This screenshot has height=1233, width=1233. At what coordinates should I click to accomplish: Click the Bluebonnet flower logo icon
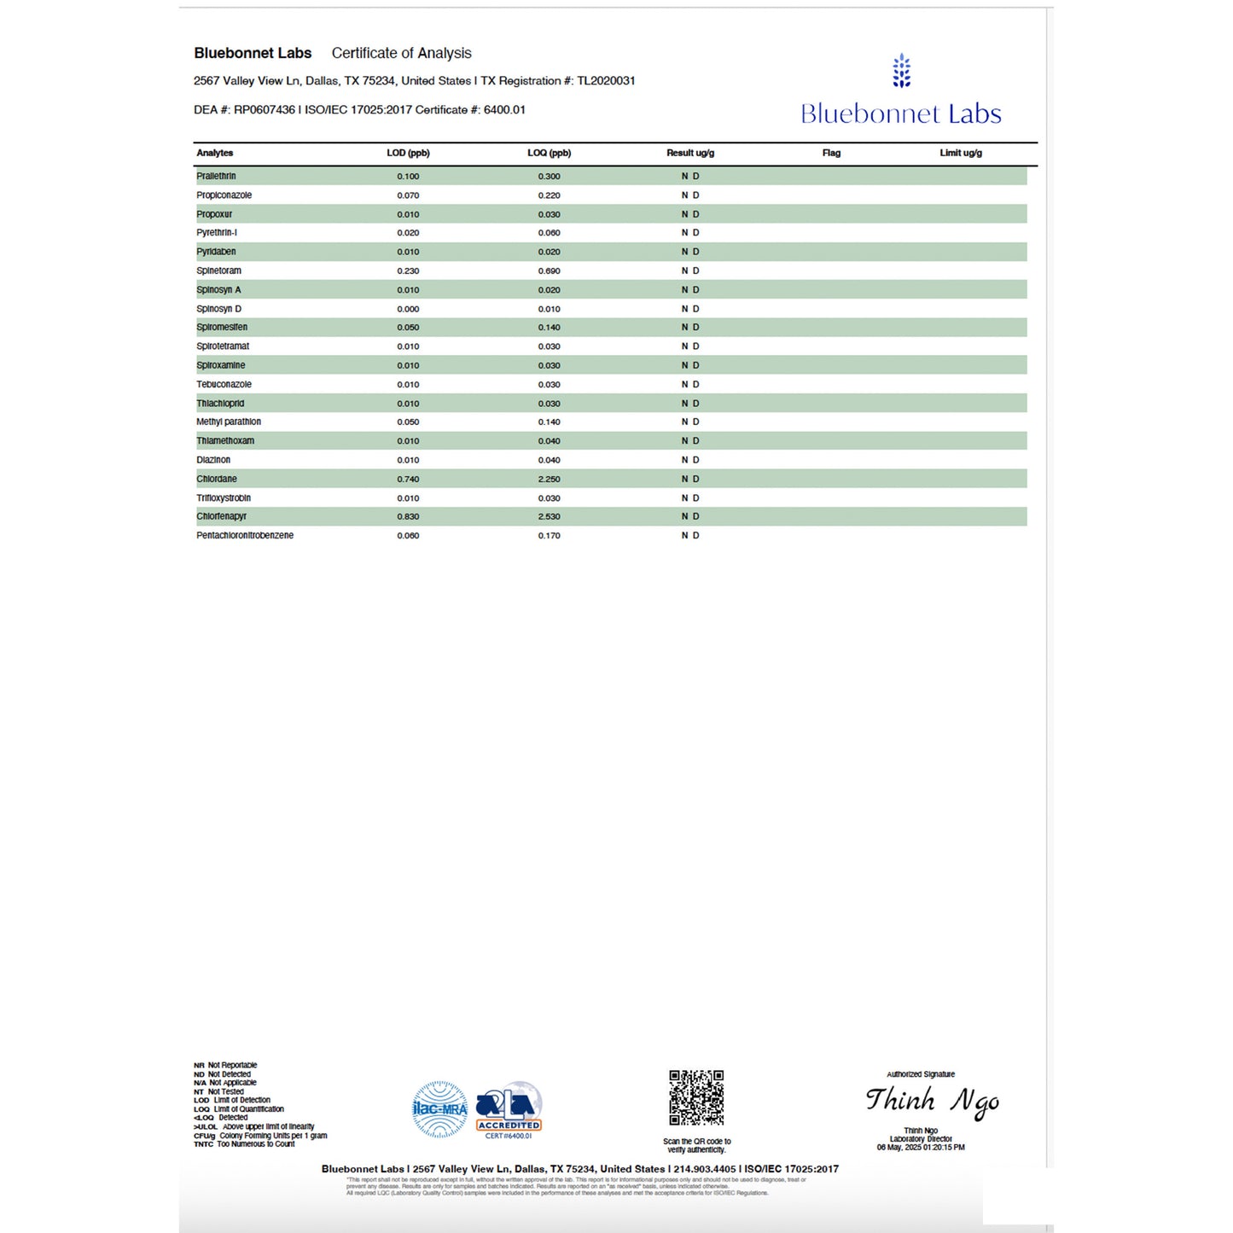tap(901, 72)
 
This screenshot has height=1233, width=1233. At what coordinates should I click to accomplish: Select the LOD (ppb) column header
tap(408, 154)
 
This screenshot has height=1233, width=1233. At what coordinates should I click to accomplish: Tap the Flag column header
tap(831, 154)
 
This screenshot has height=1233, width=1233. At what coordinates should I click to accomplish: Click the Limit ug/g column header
tap(961, 154)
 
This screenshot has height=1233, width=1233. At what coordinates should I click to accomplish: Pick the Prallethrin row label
tap(216, 177)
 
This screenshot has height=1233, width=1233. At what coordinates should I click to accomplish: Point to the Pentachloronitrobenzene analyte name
tap(245, 536)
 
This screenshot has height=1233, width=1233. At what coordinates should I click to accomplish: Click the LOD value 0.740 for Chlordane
tap(408, 480)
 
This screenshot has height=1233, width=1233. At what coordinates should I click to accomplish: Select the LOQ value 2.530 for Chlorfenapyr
tap(549, 517)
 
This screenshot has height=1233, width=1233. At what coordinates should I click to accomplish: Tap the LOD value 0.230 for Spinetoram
tap(408, 271)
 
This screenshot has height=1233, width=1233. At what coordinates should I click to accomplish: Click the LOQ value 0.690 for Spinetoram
tap(549, 271)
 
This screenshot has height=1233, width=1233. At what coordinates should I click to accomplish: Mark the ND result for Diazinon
tap(690, 461)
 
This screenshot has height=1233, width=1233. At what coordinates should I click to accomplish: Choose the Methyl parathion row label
tap(229, 422)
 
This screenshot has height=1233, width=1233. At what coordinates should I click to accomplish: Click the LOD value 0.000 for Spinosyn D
tap(408, 310)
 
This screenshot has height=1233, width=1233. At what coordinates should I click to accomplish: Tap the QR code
tap(696, 1098)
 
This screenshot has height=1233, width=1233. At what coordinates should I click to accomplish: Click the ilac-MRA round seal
tap(440, 1109)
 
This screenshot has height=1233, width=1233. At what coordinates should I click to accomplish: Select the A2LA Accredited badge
tap(509, 1110)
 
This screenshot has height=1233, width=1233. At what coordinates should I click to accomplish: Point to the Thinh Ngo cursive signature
tap(932, 1101)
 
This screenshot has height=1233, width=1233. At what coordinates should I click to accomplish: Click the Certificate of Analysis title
tap(401, 53)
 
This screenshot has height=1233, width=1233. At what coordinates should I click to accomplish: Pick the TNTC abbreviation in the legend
tap(203, 1144)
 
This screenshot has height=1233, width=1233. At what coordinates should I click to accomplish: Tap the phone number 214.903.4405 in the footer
tap(704, 1169)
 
